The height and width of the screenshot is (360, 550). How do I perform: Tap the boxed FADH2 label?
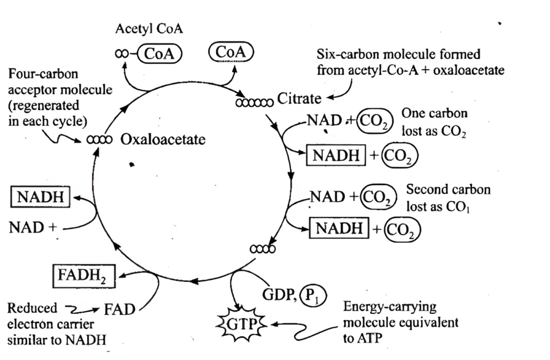84,276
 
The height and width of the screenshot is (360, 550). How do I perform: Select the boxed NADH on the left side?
40,197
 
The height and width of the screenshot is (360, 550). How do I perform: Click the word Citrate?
299,98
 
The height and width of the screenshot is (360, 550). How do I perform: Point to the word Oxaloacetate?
163,139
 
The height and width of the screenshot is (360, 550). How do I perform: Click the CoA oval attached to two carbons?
160,54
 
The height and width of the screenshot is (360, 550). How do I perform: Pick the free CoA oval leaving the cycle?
231,52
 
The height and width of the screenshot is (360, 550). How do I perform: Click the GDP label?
279,295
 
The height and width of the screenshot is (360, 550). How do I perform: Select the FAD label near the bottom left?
120,309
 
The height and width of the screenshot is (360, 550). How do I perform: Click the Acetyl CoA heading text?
149,29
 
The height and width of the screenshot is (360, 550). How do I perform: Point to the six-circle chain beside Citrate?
254,103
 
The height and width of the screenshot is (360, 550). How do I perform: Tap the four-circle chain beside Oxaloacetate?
99,140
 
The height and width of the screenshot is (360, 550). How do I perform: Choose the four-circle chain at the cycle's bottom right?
263,249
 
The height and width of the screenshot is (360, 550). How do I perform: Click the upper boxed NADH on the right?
336,155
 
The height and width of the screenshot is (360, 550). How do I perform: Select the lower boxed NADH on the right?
339,228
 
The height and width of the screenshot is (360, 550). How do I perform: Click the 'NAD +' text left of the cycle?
33,227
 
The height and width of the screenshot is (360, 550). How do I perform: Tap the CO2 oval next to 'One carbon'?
374,121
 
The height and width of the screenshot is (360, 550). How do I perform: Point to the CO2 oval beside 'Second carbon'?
379,197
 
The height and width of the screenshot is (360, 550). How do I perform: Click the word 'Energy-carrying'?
390,307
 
